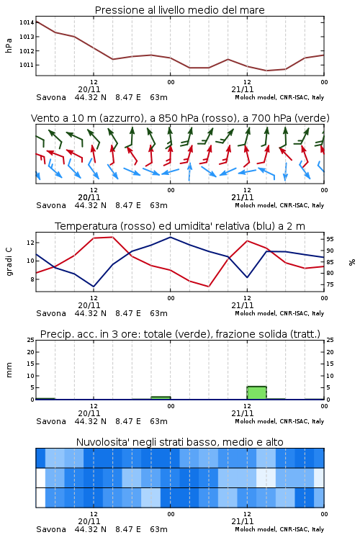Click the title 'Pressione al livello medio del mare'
tap(179, 10)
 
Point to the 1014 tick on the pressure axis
tap(26, 22)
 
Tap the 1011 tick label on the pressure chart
tap(26, 65)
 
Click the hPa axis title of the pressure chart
tap(9, 45)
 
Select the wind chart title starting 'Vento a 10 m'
tap(180, 118)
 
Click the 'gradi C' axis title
tap(9, 262)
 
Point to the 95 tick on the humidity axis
tap(330, 239)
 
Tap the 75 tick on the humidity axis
tap(330, 284)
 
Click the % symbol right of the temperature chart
tap(352, 262)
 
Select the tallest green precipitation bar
tap(256, 393)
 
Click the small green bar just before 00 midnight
tap(161, 398)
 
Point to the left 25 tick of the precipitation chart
tap(31, 340)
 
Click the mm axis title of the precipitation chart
tap(9, 370)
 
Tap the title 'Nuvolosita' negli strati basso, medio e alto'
tap(179, 442)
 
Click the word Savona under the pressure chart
tap(51, 97)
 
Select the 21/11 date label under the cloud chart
tap(242, 521)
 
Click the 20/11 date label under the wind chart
tap(89, 197)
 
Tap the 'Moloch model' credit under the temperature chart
tap(256, 313)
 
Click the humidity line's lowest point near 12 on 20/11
tap(94, 287)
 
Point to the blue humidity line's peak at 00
tap(170, 237)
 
